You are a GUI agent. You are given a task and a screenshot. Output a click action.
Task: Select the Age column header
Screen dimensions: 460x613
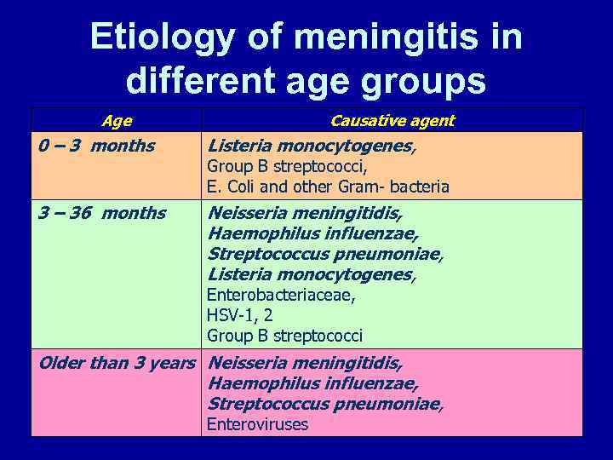116,120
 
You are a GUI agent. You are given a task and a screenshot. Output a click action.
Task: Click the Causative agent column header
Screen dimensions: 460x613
392,120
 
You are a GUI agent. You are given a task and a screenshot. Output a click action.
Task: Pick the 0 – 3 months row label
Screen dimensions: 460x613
96,145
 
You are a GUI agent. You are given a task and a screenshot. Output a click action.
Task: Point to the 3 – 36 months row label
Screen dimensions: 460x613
102,212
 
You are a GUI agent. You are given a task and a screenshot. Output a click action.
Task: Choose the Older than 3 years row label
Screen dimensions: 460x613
117,363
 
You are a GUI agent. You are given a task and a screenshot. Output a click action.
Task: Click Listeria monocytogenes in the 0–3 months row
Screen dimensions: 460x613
311,146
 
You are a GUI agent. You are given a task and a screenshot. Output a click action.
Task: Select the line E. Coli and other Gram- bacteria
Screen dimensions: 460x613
328,187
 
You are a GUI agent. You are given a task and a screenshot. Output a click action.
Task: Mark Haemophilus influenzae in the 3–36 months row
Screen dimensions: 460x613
312,233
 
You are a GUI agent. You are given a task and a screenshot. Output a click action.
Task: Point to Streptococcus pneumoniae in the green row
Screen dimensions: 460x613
324,254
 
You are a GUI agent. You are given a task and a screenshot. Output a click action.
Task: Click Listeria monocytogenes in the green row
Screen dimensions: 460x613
311,274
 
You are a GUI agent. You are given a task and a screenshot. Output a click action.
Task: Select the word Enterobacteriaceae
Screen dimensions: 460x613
281,295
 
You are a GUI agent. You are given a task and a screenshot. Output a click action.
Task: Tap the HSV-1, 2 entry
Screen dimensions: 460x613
240,315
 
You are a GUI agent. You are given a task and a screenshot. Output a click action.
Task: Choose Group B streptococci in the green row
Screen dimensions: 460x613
284,336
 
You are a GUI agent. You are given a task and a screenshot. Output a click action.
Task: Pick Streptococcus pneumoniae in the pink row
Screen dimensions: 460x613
324,404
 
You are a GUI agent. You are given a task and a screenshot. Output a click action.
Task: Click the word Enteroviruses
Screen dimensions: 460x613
257,424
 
